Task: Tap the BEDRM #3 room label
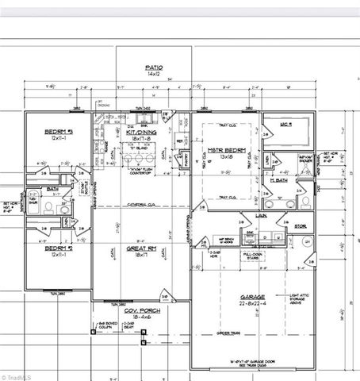click(59, 132)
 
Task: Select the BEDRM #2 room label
click(59, 248)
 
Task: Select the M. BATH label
click(278, 181)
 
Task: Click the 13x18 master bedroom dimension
click(225, 156)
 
